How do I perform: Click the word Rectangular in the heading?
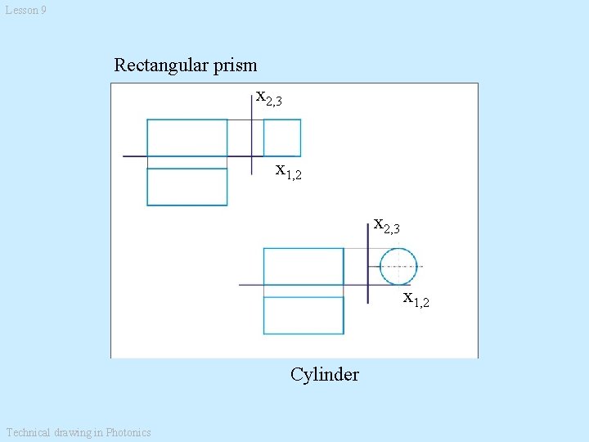(160, 65)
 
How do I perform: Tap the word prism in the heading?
(233, 65)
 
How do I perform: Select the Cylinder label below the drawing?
(324, 375)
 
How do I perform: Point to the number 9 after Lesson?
(43, 10)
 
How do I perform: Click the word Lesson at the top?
(21, 10)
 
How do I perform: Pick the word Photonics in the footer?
(128, 432)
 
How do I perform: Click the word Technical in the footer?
(27, 432)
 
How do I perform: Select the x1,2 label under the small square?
(289, 171)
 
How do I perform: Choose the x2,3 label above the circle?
(386, 224)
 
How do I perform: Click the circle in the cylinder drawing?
(398, 267)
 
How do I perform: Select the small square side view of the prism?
(281, 138)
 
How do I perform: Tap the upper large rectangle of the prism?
(187, 138)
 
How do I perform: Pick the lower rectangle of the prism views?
(187, 187)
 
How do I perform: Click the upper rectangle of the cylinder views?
(303, 266)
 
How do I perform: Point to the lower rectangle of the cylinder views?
(303, 315)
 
